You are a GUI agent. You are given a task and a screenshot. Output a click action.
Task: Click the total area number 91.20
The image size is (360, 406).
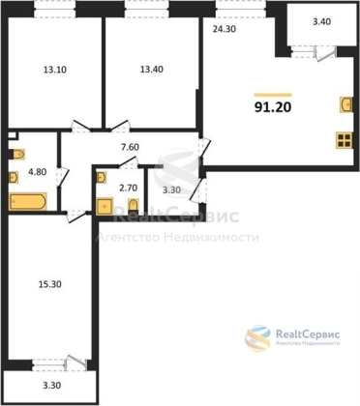(273, 107)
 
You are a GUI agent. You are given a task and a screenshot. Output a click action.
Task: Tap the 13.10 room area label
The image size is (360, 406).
(55, 70)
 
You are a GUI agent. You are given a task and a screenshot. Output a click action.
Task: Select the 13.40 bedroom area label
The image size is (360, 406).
(151, 69)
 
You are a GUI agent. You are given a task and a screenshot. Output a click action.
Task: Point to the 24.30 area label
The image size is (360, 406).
(225, 29)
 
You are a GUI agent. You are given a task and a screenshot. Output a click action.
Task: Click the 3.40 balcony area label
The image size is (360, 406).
(321, 22)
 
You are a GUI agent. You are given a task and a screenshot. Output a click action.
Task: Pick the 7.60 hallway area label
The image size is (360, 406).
(130, 147)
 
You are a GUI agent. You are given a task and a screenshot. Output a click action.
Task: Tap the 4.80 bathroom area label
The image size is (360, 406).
(38, 172)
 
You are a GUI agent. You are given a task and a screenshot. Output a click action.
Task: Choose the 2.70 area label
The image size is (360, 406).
(129, 188)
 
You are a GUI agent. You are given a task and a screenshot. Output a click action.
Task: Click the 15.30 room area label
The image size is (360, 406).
(49, 284)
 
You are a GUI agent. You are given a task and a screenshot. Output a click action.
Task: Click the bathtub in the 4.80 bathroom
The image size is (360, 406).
(27, 201)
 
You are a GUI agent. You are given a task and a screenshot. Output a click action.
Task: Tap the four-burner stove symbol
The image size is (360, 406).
(344, 140)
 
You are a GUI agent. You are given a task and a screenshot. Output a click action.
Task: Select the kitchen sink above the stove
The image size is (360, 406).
(345, 104)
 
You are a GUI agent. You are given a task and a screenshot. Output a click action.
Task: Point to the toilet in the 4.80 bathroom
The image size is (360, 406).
(18, 155)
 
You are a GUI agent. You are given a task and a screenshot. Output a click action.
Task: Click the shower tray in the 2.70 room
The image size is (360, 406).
(105, 206)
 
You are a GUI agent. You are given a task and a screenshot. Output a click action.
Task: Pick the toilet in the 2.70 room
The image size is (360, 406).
(133, 205)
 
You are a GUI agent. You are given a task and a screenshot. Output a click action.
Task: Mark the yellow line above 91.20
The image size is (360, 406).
(273, 95)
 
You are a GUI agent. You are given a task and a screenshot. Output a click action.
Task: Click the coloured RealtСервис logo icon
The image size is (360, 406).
(257, 338)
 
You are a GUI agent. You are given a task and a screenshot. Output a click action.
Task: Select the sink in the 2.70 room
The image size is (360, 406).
(101, 177)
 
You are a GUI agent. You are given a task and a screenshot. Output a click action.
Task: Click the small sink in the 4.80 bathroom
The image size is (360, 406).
(14, 177)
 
